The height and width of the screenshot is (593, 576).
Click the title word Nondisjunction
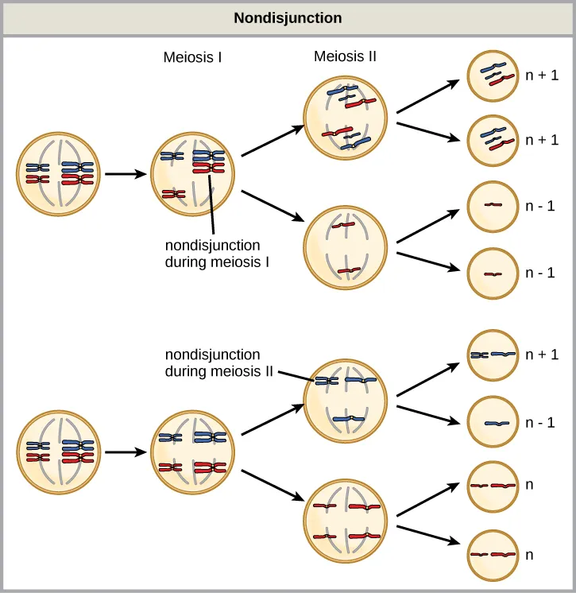coord(288,17)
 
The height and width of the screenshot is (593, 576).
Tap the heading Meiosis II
coord(345,56)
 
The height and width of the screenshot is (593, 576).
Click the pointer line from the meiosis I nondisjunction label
coord(211,203)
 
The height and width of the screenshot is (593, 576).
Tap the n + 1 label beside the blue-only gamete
coord(542,355)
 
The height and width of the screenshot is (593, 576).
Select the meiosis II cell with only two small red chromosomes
coord(346,248)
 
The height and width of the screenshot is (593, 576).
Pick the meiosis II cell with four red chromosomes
coord(346,521)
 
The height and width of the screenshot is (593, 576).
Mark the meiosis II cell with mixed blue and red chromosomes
coord(346,115)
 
